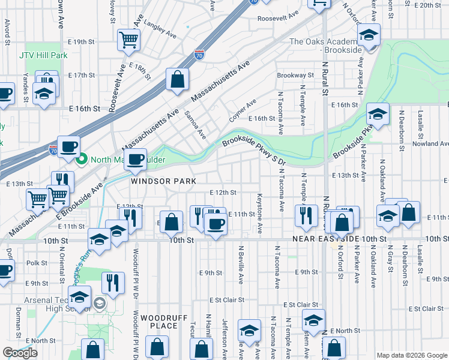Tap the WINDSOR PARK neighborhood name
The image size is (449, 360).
155,181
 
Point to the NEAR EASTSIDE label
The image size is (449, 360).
326,239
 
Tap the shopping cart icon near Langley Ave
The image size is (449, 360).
128,40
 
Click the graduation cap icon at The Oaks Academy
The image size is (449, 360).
369,35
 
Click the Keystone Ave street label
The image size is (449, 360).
260,213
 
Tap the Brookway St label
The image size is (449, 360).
295,76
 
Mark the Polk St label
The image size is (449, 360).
37,263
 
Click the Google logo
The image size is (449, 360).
20,353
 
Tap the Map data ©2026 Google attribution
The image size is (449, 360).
411,355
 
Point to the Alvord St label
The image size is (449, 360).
7,31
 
